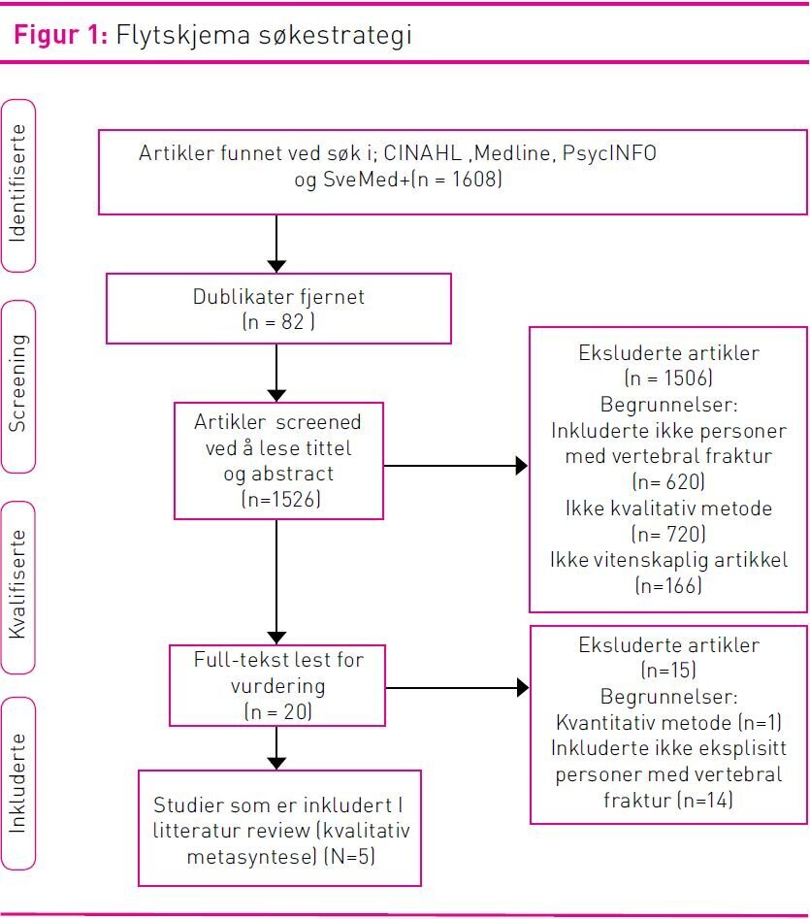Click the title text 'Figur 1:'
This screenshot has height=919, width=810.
tap(58, 36)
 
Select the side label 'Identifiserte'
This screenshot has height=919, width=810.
tap(18, 185)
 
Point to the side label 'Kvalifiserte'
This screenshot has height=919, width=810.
tap(18, 585)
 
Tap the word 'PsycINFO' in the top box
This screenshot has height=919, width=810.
tap(609, 153)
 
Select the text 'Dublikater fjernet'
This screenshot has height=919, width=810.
tap(278, 296)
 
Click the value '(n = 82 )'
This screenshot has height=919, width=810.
tap(278, 322)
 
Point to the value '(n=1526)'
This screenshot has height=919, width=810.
tap(278, 500)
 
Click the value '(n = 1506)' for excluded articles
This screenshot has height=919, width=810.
tap(668, 378)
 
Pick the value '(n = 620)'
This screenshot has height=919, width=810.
tap(668, 481)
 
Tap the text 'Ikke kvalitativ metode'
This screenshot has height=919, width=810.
tap(668, 508)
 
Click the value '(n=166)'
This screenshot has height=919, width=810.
tap(668, 585)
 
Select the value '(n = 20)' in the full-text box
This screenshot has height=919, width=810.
tap(278, 711)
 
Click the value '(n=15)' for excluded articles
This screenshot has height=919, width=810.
tap(668, 671)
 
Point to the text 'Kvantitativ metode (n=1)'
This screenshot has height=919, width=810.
tap(668, 723)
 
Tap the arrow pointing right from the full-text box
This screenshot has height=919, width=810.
tap(456, 688)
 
